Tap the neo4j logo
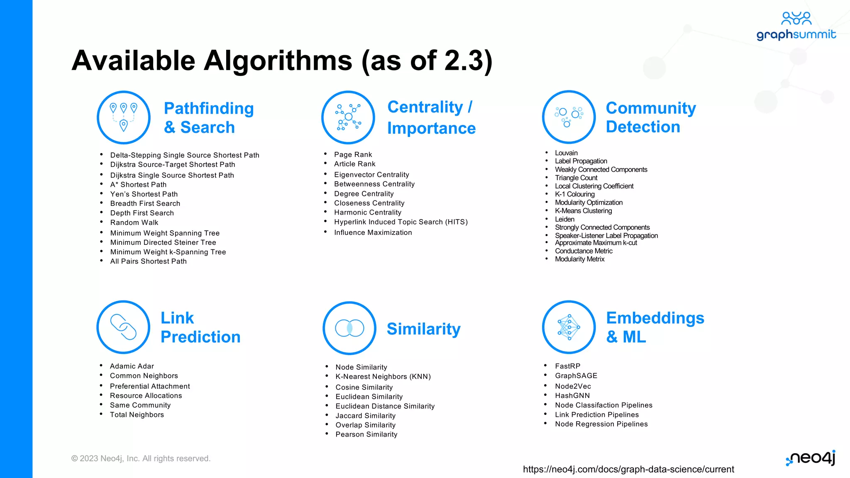point(811,458)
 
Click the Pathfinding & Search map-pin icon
point(124,117)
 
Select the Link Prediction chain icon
point(123,327)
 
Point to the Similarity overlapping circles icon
point(349,328)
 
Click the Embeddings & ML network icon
point(569,327)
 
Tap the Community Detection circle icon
point(569,117)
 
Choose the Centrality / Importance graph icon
point(348,117)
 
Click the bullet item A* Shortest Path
point(138,185)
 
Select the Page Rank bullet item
point(353,154)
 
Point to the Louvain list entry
point(566,153)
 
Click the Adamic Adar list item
point(132,366)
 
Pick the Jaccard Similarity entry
point(365,416)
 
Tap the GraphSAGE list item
point(576,376)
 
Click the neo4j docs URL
point(628,469)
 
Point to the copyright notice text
point(141,458)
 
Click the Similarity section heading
point(423,329)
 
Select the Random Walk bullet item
point(134,222)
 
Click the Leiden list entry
point(564,219)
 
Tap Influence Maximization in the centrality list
point(373,232)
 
